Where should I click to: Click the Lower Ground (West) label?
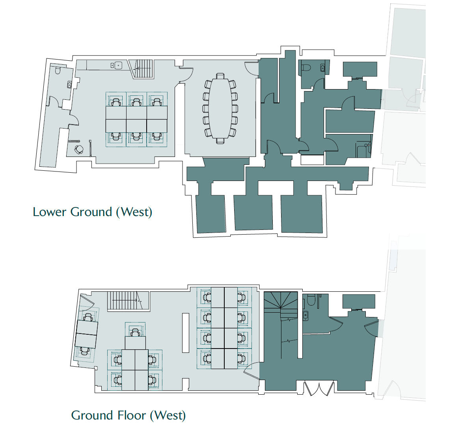click(x=92, y=212)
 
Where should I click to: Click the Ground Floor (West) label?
click(x=128, y=415)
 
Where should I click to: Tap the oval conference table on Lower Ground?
click(x=220, y=108)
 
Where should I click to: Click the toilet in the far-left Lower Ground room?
click(x=58, y=71)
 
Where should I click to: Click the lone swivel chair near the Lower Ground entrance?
click(x=79, y=149)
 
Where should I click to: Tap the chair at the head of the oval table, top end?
click(x=220, y=76)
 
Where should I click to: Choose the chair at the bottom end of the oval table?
click(x=220, y=140)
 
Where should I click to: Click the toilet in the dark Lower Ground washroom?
click(x=306, y=68)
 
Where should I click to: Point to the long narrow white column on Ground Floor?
click(x=185, y=332)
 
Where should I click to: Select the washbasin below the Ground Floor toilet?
click(x=306, y=315)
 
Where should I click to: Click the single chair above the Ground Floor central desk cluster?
click(x=136, y=332)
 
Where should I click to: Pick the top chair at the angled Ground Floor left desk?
click(x=89, y=317)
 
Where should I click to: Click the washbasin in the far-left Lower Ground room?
click(x=70, y=84)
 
